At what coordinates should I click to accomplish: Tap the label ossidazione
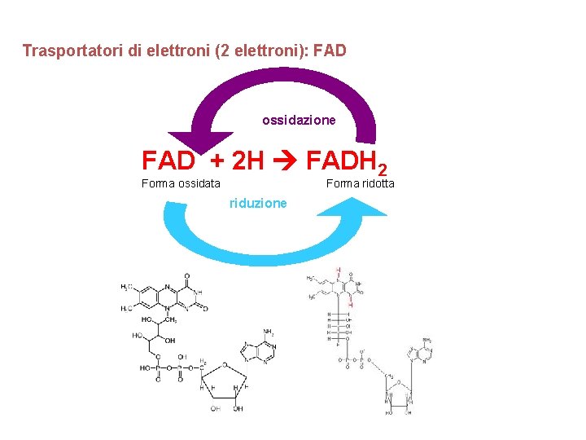click(x=299, y=120)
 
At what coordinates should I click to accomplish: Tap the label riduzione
click(x=258, y=203)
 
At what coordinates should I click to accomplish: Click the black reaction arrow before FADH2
click(x=285, y=160)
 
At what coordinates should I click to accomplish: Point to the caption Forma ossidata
click(x=181, y=183)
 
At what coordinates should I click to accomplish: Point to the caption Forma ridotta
click(x=360, y=183)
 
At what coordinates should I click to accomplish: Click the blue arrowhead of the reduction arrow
click(x=351, y=205)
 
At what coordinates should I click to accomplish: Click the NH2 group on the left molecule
click(x=269, y=332)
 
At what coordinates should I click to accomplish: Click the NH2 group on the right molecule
click(x=427, y=341)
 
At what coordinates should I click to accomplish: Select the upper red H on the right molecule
click(x=338, y=270)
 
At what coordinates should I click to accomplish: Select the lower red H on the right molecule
click(x=351, y=304)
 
